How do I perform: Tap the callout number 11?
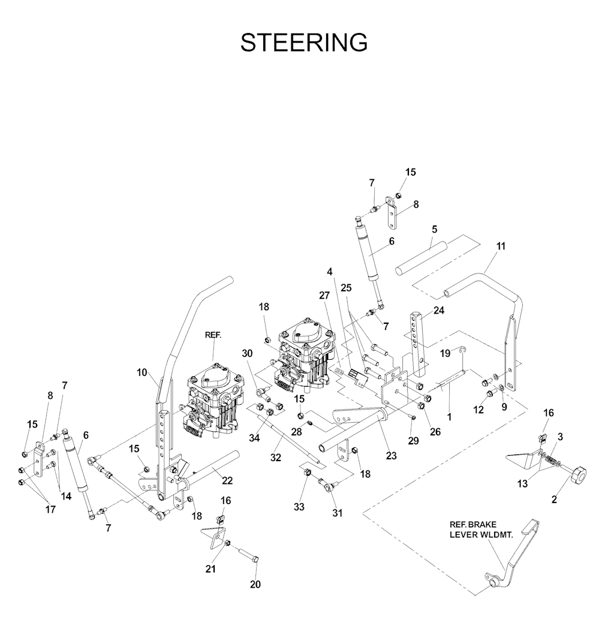pos(501,246)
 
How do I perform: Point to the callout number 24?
pos(440,311)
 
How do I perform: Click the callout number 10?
pos(142,372)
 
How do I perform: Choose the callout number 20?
pos(256,584)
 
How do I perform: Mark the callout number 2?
pos(554,498)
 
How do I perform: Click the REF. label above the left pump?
pos(213,336)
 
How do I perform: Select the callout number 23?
pos(392,456)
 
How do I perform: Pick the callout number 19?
pos(444,354)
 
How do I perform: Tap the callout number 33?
pos(299,507)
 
